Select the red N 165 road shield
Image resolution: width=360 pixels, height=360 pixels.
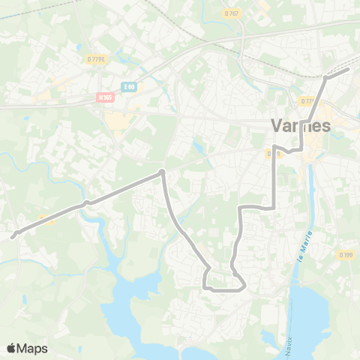pyautogui.click(x=104, y=97)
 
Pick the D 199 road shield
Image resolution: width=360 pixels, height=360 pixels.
pyautogui.click(x=346, y=255)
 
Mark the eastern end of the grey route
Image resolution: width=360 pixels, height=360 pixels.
pyautogui.click(x=349, y=69)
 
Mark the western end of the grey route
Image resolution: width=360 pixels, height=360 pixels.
pyautogui.click(x=13, y=236)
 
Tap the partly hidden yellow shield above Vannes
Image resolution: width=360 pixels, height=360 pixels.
pyautogui.click(x=307, y=100)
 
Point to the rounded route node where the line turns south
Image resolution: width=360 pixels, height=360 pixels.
pyautogui.click(x=161, y=173)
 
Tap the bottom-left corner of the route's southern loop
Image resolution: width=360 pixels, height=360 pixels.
pyautogui.click(x=205, y=286)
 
